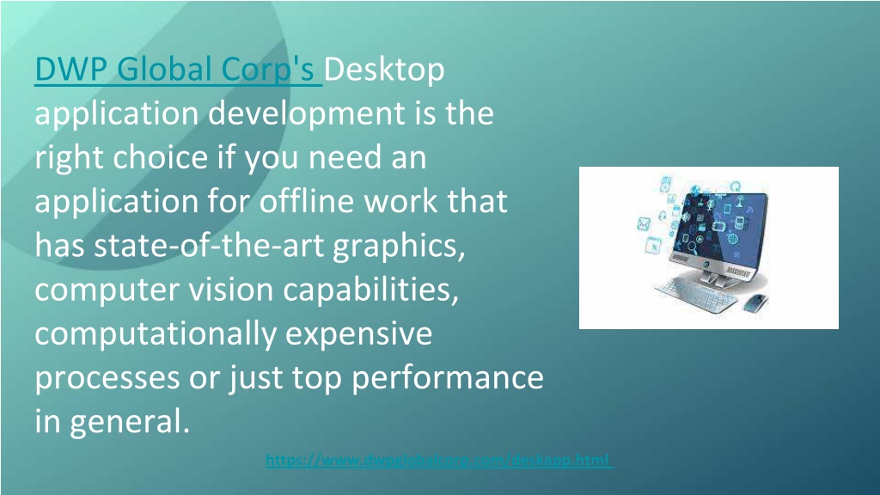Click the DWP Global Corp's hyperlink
(178, 70)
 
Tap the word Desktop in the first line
(386, 70)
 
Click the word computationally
(155, 334)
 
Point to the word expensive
(358, 334)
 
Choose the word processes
(107, 379)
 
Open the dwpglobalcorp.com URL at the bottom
(439, 461)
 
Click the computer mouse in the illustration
(757, 302)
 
